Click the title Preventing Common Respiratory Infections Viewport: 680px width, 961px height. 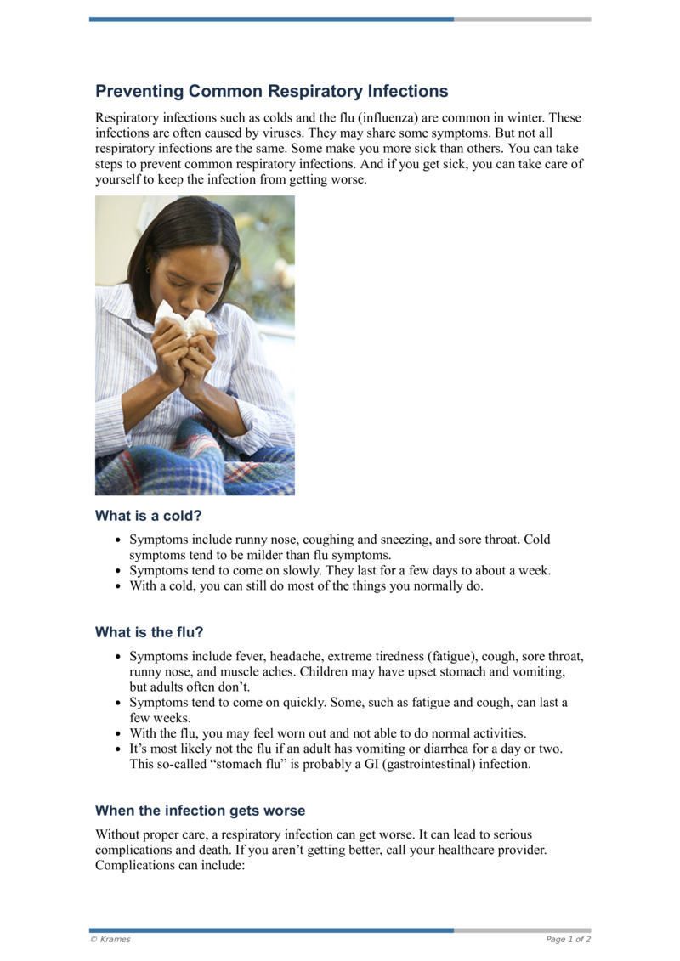[271, 91]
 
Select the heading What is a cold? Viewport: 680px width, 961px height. [148, 516]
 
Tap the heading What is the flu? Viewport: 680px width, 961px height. [149, 632]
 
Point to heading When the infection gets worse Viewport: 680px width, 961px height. [200, 811]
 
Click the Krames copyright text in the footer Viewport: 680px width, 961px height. [110, 939]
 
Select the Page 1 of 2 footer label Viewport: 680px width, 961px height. [568, 939]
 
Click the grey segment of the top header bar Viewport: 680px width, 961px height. [522, 19]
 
